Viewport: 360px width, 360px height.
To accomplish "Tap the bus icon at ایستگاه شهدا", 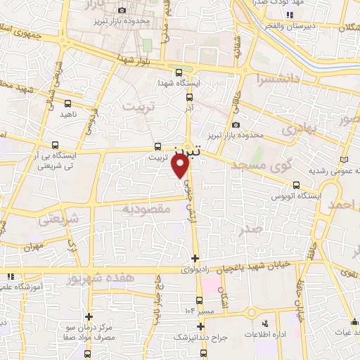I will (x=179, y=72).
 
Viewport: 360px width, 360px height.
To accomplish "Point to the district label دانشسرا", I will (x=280, y=79).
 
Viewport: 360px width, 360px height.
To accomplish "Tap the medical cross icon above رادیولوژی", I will (x=195, y=258).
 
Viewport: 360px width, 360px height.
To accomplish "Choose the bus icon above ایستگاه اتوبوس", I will (x=296, y=186).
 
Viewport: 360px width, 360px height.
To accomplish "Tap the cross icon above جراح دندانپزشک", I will (x=201, y=326).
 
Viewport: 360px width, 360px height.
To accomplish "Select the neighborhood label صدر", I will (x=254, y=229).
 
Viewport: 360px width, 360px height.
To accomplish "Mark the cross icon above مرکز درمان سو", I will (x=89, y=317).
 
